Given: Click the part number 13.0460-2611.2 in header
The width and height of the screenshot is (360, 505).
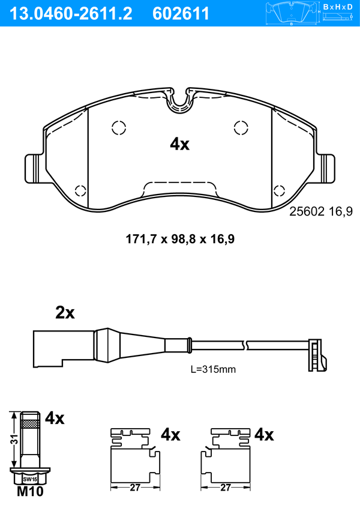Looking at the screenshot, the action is coord(71,14).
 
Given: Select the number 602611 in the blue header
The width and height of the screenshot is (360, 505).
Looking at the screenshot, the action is coord(181,14).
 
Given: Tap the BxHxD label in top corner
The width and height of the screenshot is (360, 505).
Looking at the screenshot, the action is coord(338,7).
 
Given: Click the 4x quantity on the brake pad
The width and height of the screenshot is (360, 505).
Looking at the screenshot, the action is coord(180,144).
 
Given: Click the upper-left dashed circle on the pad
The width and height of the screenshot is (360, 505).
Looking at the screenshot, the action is coord(119,127).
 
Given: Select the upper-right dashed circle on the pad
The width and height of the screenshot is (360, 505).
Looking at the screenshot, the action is coord(241,127).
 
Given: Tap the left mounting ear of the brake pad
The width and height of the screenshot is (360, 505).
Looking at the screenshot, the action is coord(34,169).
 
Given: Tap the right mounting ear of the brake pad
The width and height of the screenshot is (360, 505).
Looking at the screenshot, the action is coord(326,169).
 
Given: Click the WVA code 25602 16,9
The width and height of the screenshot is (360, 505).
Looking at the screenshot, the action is coord(321,211).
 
